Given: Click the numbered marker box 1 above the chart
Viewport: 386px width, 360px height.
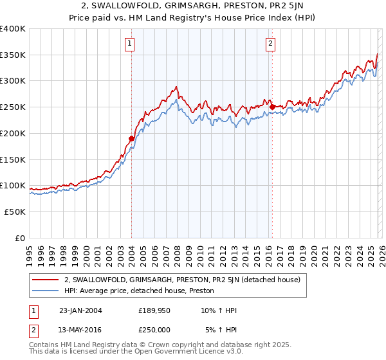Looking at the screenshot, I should tap(130, 44).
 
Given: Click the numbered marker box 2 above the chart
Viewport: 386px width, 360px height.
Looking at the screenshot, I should tap(270, 44).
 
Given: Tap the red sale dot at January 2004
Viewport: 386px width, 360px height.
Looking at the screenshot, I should tap(131, 138).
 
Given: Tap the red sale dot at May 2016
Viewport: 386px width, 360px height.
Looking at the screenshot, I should tap(272, 107).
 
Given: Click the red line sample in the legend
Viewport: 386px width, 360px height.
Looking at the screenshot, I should tap(46, 280).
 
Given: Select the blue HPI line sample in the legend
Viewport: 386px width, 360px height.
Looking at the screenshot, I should tap(46, 291).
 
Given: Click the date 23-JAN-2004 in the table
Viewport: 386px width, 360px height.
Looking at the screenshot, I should tap(80, 310).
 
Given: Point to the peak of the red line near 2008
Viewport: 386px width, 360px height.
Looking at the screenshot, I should tap(175, 87).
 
